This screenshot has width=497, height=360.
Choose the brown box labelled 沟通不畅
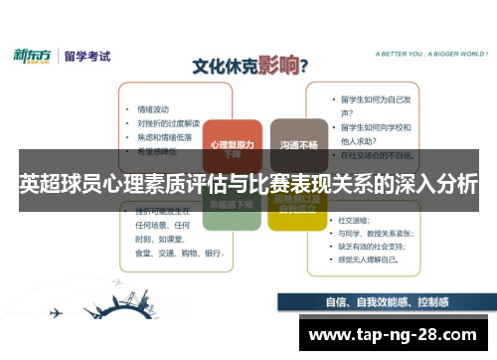click(298, 144)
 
